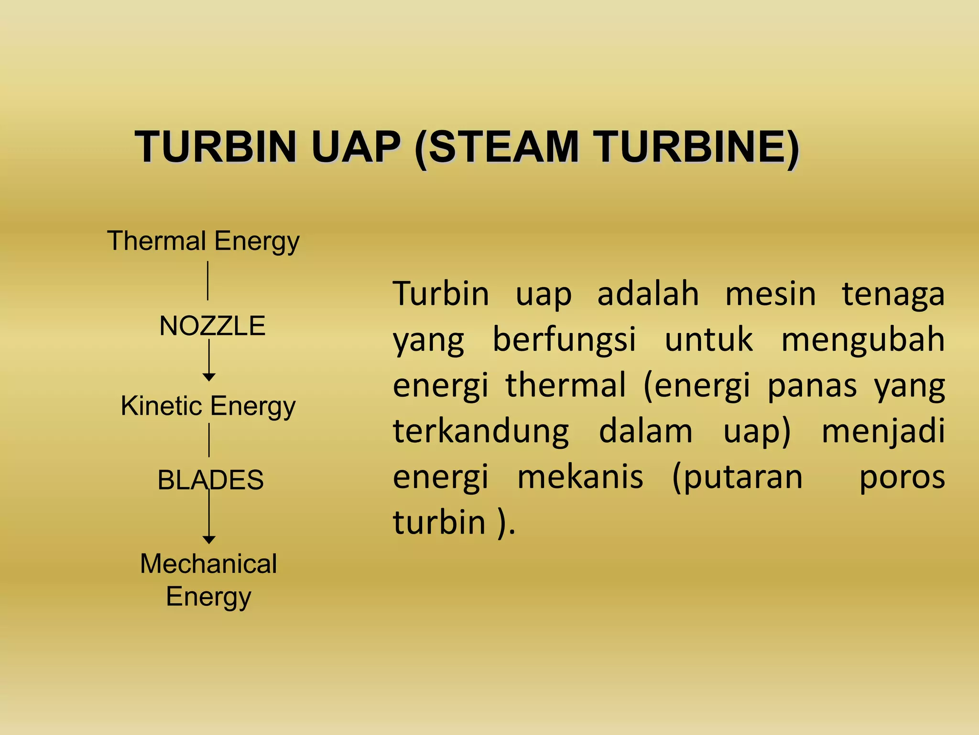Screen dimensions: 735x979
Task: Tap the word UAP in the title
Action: coord(356,147)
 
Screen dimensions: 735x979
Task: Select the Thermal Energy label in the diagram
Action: coord(203,241)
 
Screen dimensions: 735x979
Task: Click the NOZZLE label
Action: coord(212,326)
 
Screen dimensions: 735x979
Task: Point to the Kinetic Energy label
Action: coord(208,406)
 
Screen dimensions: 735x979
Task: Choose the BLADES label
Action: coord(210,480)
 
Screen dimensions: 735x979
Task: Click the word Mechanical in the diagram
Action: coord(208,564)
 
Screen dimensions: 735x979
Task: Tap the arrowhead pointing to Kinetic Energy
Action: coord(209,377)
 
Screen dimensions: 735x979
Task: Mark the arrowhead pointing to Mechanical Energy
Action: coord(209,540)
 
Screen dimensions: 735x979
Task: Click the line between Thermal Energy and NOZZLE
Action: coord(207,280)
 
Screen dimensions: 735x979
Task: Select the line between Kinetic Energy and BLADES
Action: coord(209,440)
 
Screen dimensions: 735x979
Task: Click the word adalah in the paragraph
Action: coord(648,294)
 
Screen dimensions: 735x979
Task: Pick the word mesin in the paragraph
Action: coord(771,294)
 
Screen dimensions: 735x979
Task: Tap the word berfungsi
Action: coord(564,340)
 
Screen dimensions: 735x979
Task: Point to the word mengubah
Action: coord(863,340)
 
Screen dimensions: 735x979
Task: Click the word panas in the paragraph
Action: coord(812,386)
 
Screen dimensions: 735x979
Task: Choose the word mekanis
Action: coord(580,478)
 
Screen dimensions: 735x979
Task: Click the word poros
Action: coord(902,478)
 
